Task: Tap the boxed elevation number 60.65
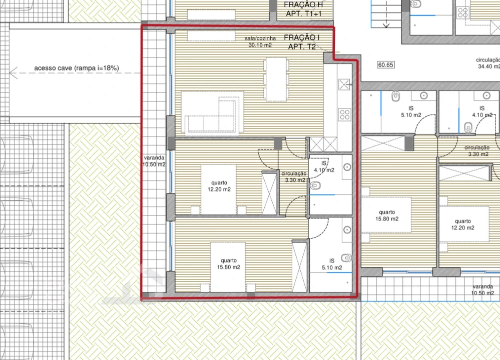pyautogui.click(x=386, y=64)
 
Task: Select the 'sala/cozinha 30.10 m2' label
pyautogui.click(x=260, y=41)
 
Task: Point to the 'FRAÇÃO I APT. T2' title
pyautogui.click(x=301, y=42)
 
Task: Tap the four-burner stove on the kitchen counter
pyautogui.click(x=345, y=114)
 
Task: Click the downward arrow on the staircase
pyautogui.click(x=386, y=24)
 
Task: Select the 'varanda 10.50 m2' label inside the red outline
pyautogui.click(x=153, y=161)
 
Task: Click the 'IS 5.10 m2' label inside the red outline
pyautogui.click(x=332, y=264)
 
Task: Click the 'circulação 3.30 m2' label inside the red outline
pyautogui.click(x=295, y=177)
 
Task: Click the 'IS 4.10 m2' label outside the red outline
pyautogui.click(x=481, y=111)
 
